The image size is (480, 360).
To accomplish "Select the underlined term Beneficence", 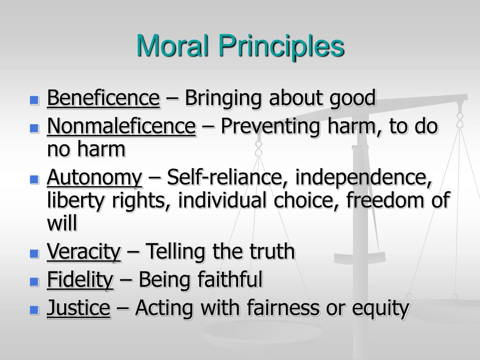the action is [103, 99].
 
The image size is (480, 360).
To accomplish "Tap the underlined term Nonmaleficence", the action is [121, 127].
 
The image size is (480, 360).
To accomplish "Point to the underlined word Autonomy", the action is [94, 178].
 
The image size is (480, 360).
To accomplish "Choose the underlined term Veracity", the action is [84, 253].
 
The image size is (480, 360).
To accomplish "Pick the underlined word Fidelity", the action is [80, 280].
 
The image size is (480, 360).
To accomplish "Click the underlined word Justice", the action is [78, 308].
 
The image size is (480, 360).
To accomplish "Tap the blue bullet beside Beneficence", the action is [34, 100].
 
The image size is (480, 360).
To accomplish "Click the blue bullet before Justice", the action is [34, 309].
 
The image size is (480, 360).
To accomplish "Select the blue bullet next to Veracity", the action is [34, 254].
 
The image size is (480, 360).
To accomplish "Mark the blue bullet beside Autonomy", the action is [34, 179].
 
